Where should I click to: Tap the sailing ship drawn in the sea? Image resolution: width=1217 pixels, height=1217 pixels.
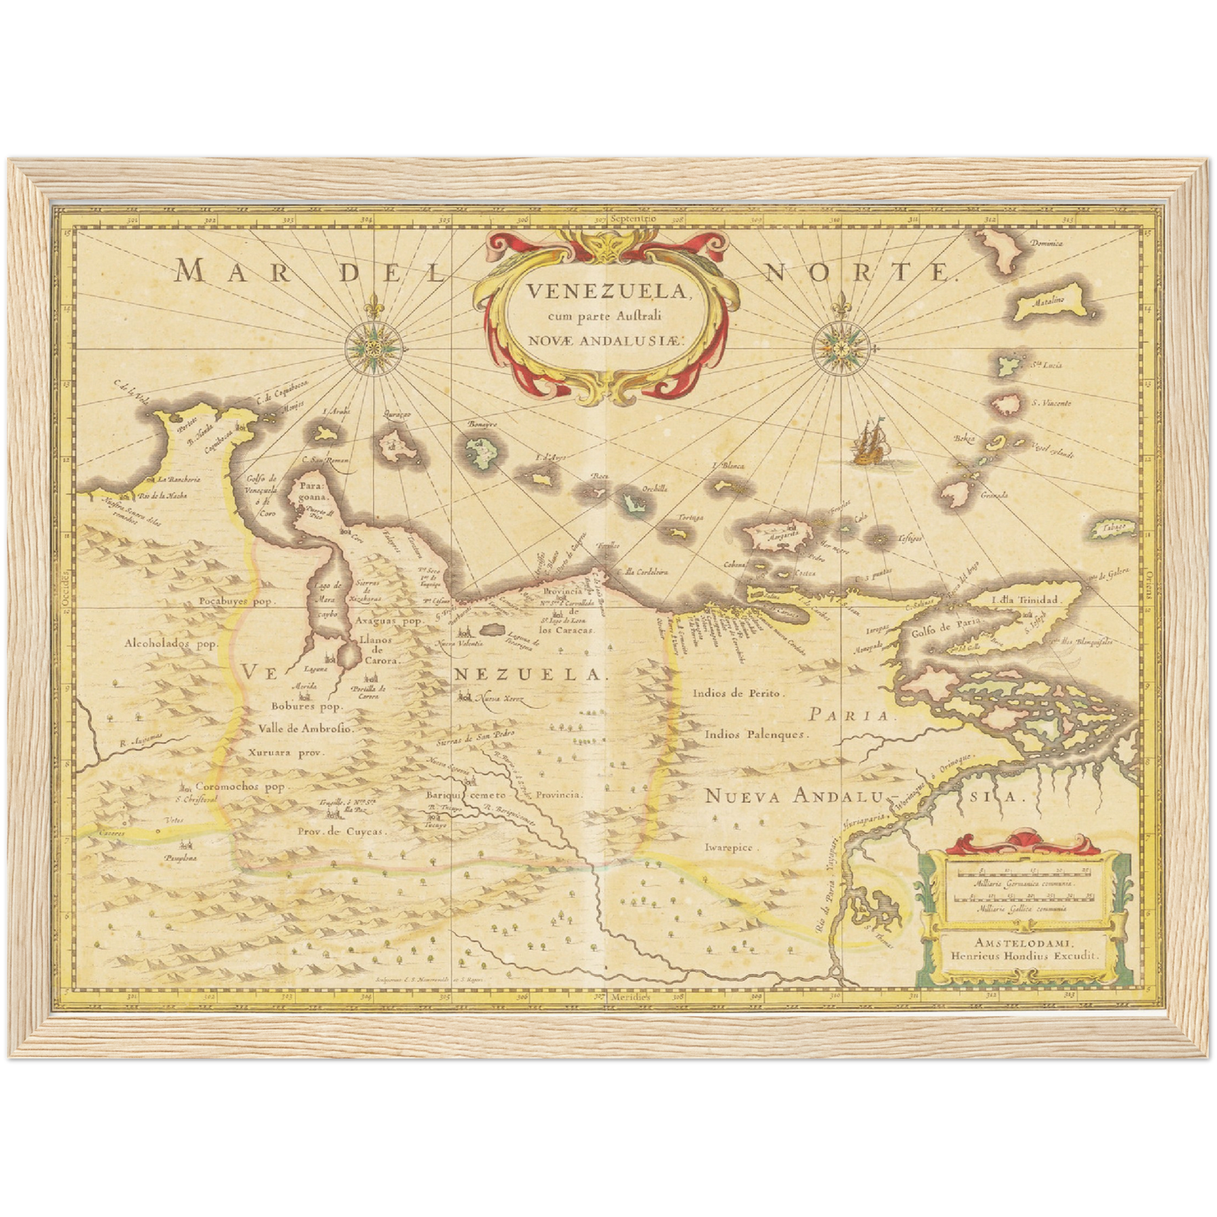(x=867, y=444)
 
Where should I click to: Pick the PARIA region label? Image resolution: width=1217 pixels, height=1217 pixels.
(x=848, y=715)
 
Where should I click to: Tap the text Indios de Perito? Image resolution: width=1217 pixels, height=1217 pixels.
(x=738, y=693)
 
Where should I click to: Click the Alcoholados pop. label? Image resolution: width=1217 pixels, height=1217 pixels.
(x=171, y=643)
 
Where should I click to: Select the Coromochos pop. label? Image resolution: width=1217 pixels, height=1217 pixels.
(x=239, y=787)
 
